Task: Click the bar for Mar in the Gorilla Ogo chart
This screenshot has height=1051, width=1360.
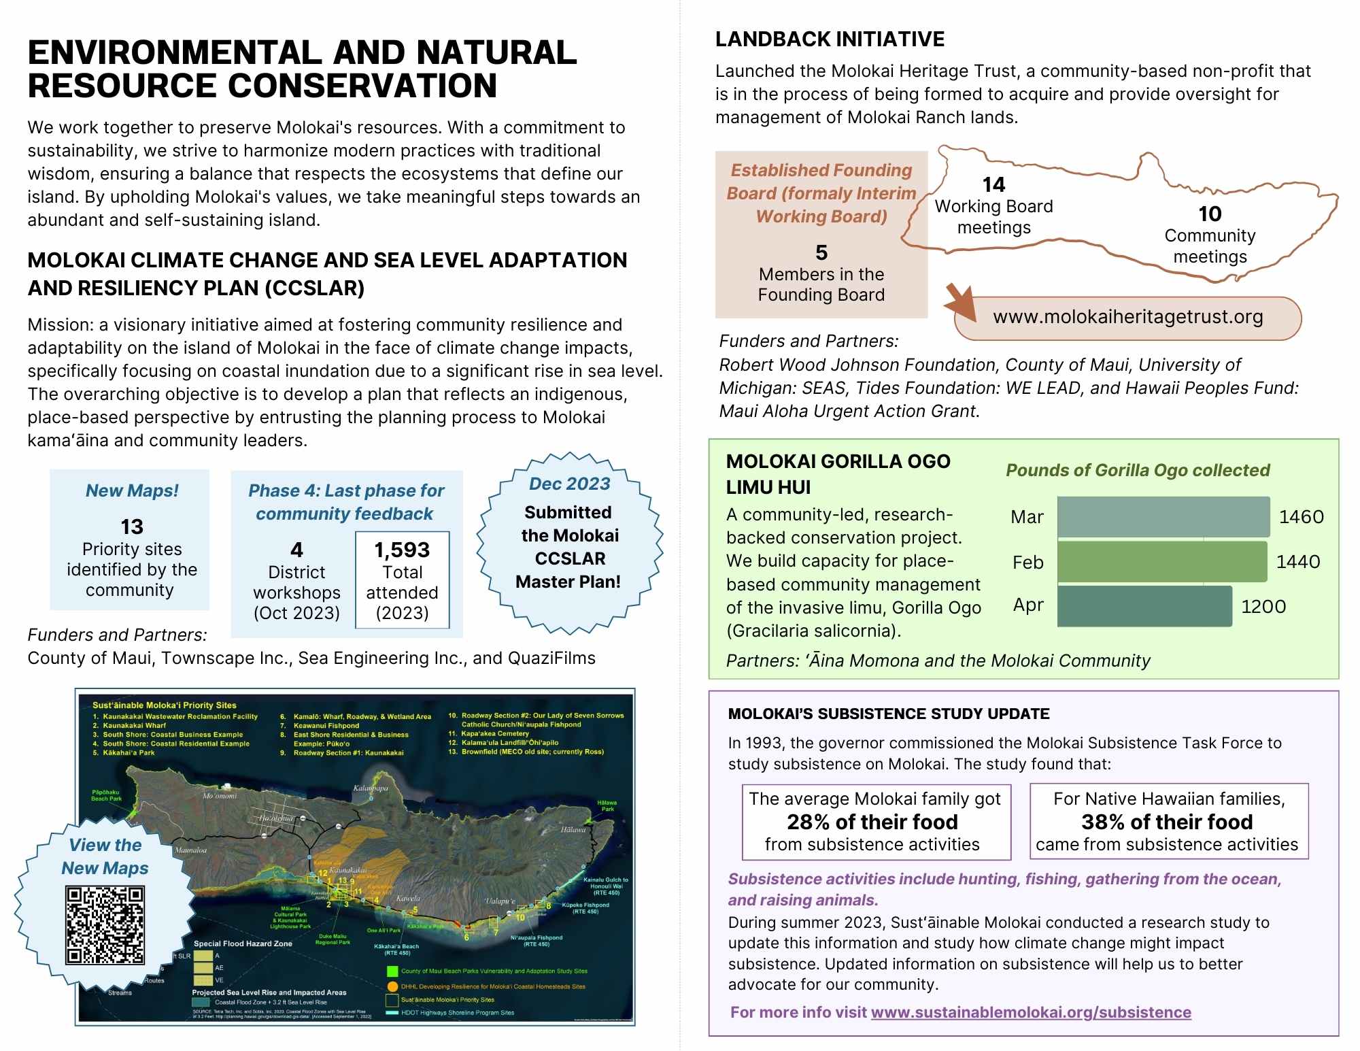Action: pyautogui.click(x=1163, y=517)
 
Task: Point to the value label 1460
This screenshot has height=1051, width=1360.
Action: pyautogui.click(x=1301, y=517)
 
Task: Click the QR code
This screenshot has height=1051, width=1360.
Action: pyautogui.click(x=105, y=925)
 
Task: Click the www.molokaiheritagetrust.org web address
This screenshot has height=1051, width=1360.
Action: pyautogui.click(x=1127, y=317)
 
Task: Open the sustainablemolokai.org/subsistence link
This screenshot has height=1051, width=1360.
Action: pyautogui.click(x=1030, y=1012)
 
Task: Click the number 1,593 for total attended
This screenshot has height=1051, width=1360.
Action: pyautogui.click(x=402, y=550)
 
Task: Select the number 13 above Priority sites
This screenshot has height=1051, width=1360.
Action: pyautogui.click(x=132, y=527)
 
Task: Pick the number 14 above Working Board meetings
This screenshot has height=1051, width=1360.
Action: pyautogui.click(x=993, y=184)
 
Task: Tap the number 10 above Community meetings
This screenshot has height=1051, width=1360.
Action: pyautogui.click(x=1210, y=214)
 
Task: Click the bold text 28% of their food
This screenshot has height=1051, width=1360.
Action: pyautogui.click(x=872, y=822)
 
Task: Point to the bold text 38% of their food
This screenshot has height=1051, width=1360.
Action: pyautogui.click(x=1167, y=822)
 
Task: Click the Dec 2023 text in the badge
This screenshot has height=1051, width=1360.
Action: pyautogui.click(x=569, y=484)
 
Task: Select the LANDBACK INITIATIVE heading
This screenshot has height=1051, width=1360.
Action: pyautogui.click(x=830, y=39)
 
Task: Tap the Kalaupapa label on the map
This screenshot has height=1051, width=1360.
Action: pyautogui.click(x=371, y=788)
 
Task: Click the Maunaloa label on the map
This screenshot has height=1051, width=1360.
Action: pyautogui.click(x=191, y=850)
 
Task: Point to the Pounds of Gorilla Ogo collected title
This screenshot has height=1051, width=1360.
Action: pyautogui.click(x=1138, y=470)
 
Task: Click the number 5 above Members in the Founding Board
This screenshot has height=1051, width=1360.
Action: pyautogui.click(x=821, y=252)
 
